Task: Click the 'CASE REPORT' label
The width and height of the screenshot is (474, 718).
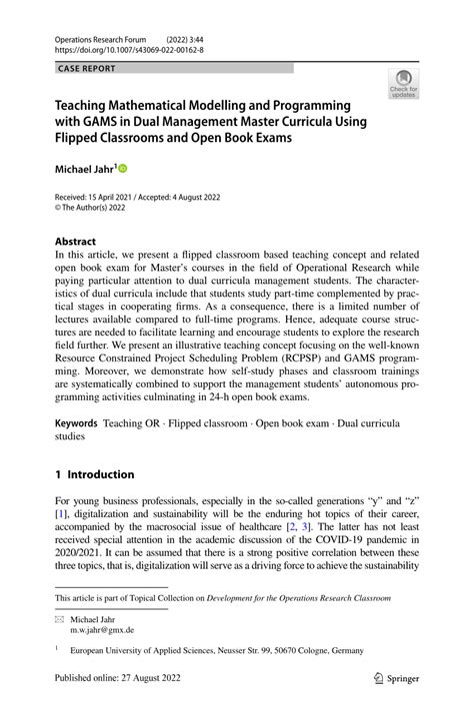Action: [x=87, y=68]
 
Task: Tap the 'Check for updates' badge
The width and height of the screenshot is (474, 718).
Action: [x=403, y=85]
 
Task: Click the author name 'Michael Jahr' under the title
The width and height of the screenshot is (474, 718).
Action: [x=83, y=170]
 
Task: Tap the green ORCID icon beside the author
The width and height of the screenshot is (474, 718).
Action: [x=124, y=170]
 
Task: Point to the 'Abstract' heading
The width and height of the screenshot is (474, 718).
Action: [x=75, y=242]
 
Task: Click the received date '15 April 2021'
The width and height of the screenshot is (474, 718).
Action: [x=117, y=197]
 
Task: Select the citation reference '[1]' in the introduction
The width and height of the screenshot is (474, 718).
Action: [x=61, y=514]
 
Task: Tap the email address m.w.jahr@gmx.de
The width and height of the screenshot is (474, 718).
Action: [x=101, y=631]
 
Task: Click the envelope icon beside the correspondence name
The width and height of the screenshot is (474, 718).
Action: [x=59, y=620]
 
